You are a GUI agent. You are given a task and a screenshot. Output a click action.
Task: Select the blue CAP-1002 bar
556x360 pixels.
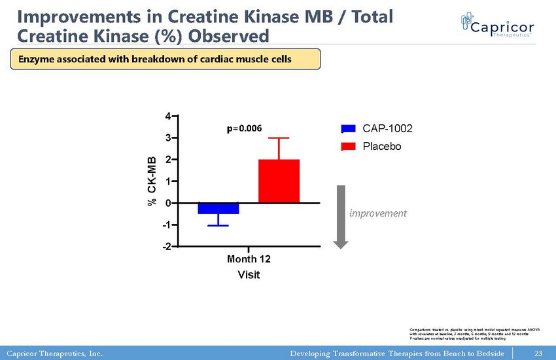point(218,208)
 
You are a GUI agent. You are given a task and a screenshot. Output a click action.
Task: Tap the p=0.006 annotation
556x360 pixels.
point(244,128)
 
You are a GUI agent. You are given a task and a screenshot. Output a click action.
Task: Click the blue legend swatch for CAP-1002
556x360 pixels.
point(348,129)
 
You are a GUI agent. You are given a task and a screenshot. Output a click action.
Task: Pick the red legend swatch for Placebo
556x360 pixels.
point(348,147)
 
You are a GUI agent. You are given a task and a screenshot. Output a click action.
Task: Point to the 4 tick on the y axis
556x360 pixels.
point(168,117)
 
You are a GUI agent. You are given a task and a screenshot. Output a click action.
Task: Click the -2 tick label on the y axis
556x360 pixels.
point(167,246)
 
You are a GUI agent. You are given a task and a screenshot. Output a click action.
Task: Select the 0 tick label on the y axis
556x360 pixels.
point(168,203)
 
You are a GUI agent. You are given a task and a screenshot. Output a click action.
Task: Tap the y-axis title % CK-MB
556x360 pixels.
point(152,181)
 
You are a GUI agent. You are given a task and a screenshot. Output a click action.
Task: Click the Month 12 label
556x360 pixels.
point(249,259)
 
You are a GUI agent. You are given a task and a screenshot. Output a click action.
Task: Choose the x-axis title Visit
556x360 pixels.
point(249,275)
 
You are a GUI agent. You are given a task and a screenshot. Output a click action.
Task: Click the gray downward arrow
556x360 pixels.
point(341,216)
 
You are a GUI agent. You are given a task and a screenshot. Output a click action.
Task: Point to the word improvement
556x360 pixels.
point(377,213)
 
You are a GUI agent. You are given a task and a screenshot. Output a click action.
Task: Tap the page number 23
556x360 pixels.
point(538,354)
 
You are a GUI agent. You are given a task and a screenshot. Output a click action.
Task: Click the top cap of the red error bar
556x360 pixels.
point(279,138)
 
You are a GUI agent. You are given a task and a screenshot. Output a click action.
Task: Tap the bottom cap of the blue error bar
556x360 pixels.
point(218,226)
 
